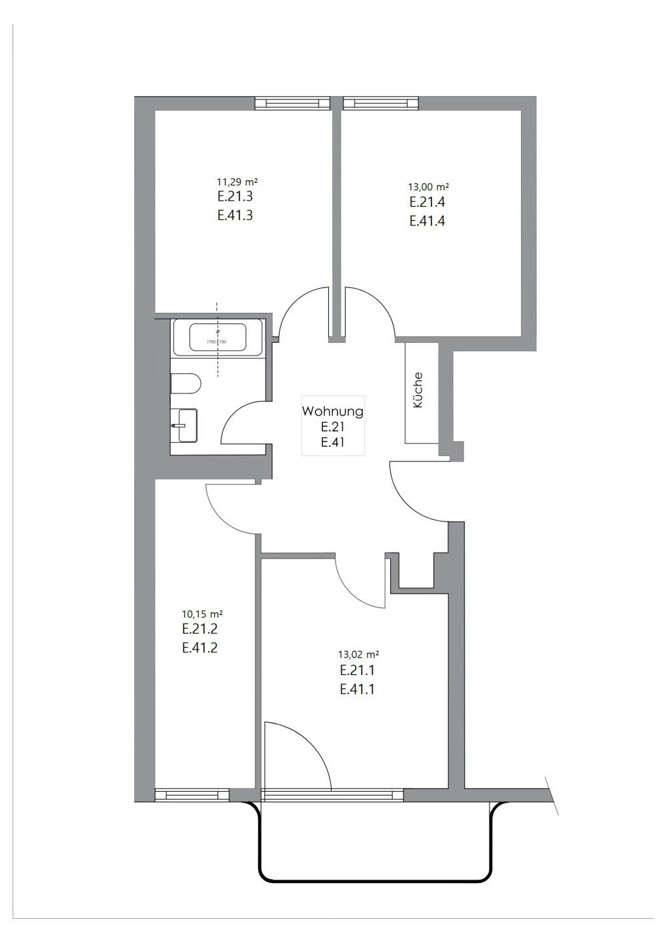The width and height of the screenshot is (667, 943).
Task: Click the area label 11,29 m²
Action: coord(237,181)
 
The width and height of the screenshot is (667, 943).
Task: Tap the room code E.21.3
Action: coord(234,197)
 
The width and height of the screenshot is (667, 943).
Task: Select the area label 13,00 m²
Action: coord(428,187)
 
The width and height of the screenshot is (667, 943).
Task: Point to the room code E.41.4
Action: coord(427,221)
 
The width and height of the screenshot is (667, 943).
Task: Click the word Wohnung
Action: coord(332,411)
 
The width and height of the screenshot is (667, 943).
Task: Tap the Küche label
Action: coord(418,390)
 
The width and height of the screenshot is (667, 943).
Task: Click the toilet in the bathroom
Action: coord(185,383)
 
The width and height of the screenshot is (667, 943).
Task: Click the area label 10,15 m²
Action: coord(202,614)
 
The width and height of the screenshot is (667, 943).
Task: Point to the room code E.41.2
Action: coord(199,648)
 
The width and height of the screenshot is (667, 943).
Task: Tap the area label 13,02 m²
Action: coord(359,655)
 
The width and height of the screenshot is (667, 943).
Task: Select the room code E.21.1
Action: coord(357,671)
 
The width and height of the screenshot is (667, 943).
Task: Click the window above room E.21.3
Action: coord(293,103)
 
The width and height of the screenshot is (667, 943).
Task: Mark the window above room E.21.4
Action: coord(381,103)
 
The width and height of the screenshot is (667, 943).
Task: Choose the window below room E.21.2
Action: coord(192,795)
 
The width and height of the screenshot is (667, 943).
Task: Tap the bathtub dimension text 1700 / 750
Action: coord(217,342)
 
